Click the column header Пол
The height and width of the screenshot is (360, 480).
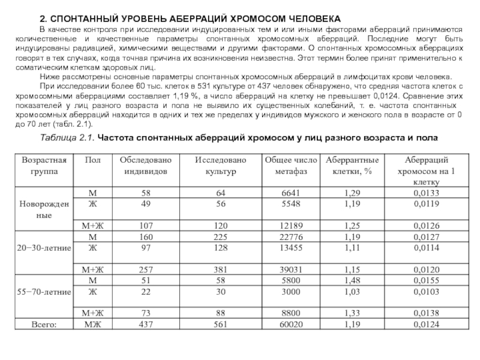click(x=93, y=161)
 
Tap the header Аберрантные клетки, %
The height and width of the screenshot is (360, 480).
click(x=351, y=166)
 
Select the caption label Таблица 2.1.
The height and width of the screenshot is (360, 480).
click(x=66, y=138)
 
